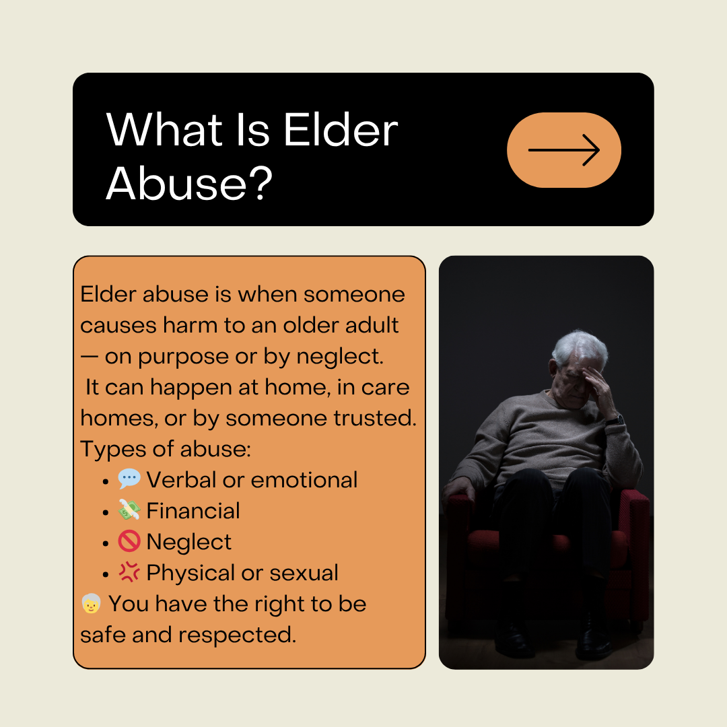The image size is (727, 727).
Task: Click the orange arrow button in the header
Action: tap(564, 149)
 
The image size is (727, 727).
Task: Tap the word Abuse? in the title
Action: tap(189, 184)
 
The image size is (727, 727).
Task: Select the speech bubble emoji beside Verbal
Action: tap(129, 479)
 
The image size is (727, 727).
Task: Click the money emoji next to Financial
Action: tap(129, 510)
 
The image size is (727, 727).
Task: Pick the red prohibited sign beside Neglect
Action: tap(129, 541)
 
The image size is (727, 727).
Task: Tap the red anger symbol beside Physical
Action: tap(129, 572)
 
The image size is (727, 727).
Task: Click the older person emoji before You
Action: tap(91, 603)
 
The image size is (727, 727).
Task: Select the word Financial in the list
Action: tap(193, 510)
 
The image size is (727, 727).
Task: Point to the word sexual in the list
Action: tap(304, 573)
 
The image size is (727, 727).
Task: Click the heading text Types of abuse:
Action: tap(166, 449)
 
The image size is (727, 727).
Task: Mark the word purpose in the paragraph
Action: tap(183, 357)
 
